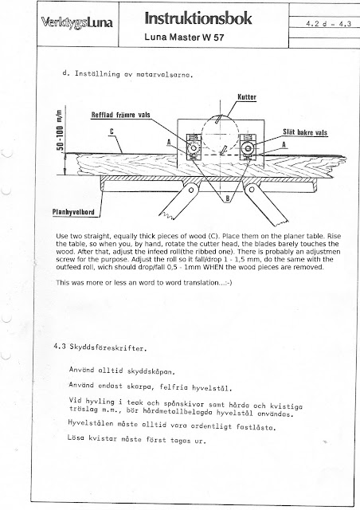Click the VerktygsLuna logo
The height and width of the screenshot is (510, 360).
click(77, 23)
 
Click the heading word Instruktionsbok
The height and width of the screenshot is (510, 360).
click(198, 18)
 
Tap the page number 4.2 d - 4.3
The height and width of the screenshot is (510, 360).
click(328, 24)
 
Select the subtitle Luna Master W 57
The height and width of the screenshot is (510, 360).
click(185, 37)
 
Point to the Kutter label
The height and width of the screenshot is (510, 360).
click(247, 97)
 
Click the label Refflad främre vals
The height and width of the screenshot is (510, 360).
click(120, 115)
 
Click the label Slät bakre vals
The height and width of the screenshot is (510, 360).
click(305, 132)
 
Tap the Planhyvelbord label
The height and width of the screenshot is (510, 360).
click(73, 213)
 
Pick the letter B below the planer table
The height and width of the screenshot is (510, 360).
click(228, 198)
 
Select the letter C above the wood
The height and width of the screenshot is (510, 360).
click(112, 131)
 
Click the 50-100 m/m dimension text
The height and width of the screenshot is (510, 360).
click(60, 130)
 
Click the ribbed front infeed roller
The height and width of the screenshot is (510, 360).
click(194, 148)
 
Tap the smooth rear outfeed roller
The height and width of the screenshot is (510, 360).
click(248, 148)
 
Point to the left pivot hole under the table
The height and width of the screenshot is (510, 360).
click(191, 190)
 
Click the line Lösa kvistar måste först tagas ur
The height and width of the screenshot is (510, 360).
click(136, 439)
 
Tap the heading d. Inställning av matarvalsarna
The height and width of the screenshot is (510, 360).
click(127, 74)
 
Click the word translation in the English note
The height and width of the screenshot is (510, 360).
click(201, 283)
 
